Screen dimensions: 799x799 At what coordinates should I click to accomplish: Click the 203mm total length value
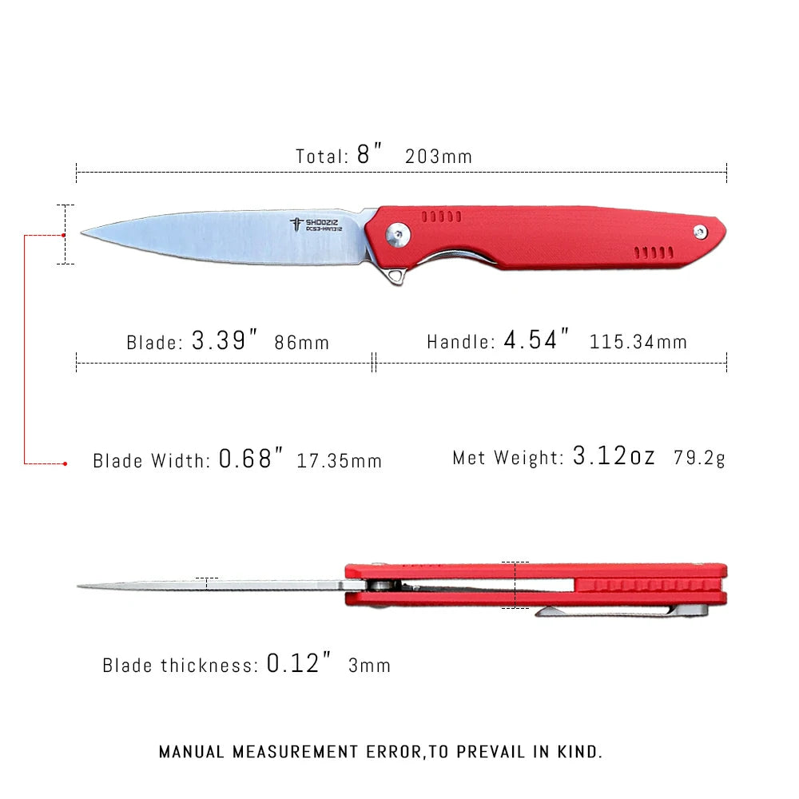coord(439,157)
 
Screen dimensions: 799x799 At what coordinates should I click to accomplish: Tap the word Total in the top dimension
coord(321,157)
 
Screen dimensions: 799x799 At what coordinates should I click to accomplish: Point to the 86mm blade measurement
coord(301,343)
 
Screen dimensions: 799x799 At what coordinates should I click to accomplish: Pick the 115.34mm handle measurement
coord(638,343)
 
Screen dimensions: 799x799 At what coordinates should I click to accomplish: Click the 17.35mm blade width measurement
coord(339,461)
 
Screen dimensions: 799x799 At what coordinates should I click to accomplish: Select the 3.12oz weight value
coord(614,457)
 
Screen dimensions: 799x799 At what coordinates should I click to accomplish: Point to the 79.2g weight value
coord(700,458)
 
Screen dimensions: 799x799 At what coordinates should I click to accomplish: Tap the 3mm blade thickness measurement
coord(369,665)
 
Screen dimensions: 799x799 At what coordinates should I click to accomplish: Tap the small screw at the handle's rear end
coord(700,232)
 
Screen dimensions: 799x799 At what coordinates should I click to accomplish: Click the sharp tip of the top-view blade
coord(84,232)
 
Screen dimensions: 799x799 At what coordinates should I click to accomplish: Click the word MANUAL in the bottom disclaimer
coord(193,752)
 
